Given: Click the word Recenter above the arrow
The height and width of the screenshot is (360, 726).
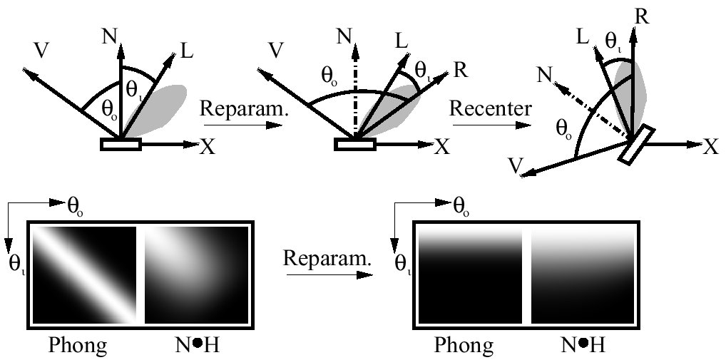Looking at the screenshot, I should tap(491, 110).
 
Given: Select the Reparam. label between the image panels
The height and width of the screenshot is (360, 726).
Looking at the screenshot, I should tap(329, 257).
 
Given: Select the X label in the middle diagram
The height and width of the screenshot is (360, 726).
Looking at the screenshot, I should tap(442, 147).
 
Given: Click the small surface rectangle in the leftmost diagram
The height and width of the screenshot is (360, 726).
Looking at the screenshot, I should tap(121, 145).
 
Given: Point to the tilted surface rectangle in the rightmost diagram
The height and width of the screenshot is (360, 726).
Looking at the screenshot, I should tap(636, 145).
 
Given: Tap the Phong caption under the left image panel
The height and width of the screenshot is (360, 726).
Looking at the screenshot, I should tap(78, 346).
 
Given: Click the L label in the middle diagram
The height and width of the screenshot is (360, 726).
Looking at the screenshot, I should tap(401, 40).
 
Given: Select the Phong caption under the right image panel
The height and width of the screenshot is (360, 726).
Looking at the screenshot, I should tap(464, 346).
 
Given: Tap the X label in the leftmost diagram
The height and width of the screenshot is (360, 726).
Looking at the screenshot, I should tap(208, 147).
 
